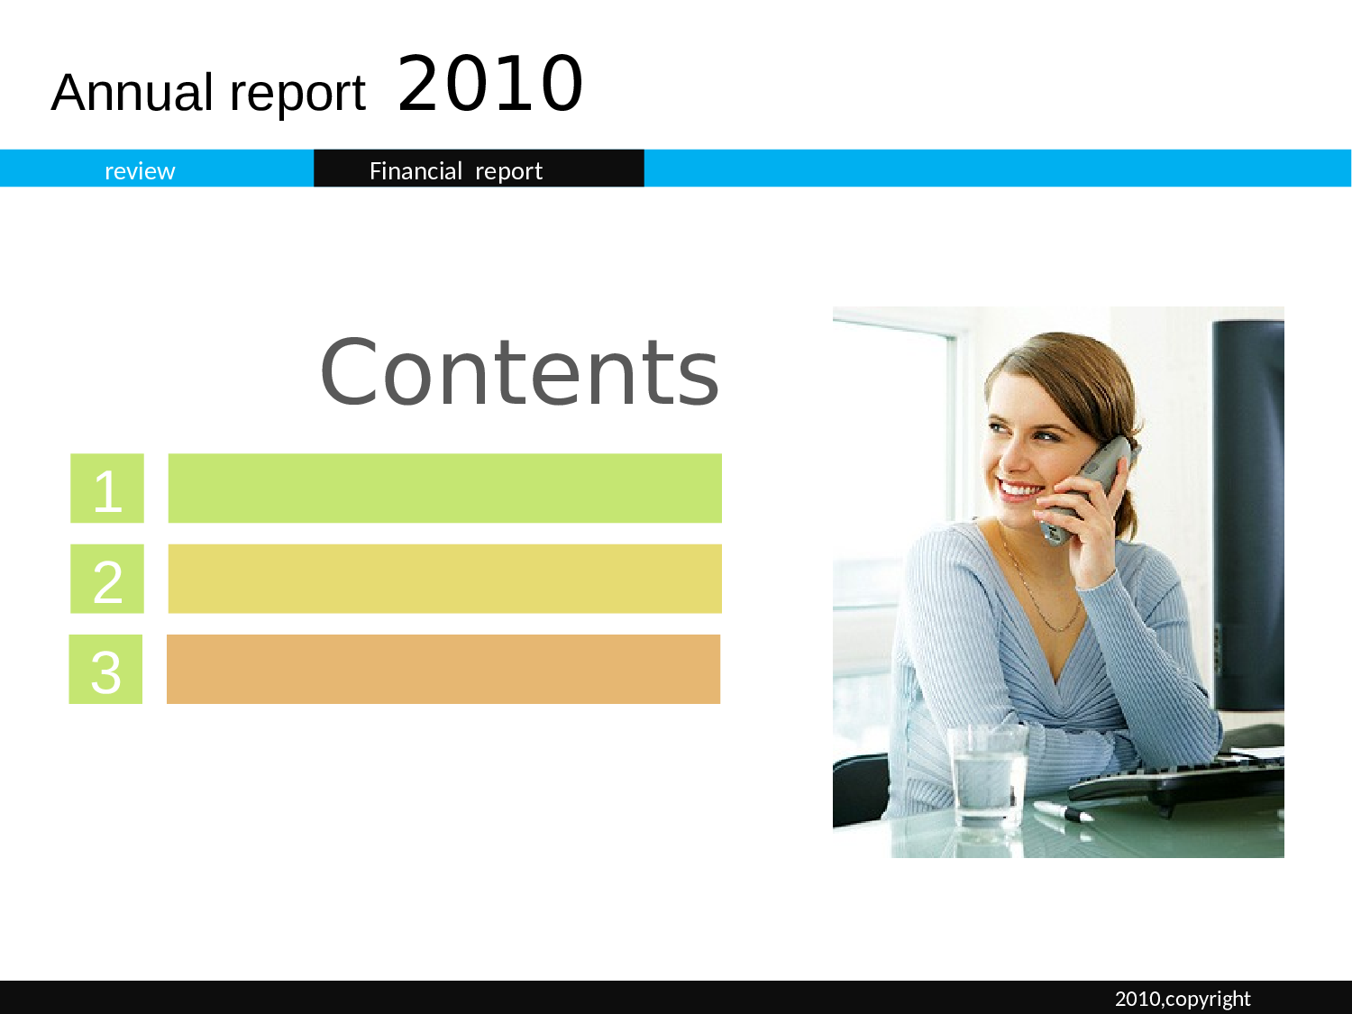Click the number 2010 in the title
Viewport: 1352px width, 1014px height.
coord(490,84)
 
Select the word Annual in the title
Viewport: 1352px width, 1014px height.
coord(132,92)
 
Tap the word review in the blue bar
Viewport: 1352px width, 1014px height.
coord(140,171)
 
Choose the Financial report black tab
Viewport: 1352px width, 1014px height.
coord(479,168)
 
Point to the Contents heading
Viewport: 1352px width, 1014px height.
coord(519,372)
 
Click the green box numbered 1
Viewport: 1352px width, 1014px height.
coord(107,489)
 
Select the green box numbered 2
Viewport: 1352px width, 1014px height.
coord(107,579)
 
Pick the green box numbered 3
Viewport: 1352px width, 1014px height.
coord(105,669)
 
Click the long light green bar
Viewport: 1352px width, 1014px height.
coord(444,489)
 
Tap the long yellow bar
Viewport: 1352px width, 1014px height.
coord(444,579)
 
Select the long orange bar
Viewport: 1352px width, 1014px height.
coord(443,669)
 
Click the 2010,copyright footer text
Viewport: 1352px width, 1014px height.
coord(1183,999)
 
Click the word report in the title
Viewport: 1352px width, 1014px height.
coord(297,94)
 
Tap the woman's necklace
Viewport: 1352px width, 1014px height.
coord(1040,585)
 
